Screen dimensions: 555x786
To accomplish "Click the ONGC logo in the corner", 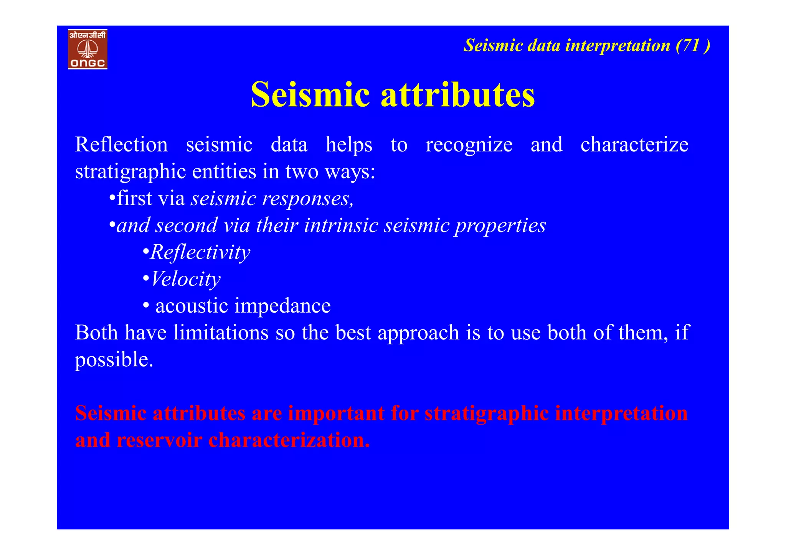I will coord(88,49).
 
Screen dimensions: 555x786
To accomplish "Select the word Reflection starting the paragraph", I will coord(121,145).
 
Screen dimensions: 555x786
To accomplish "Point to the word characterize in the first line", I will coord(634,145).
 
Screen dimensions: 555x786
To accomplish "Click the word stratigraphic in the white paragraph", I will coord(130,172).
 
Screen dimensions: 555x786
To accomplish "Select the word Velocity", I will coord(186,279).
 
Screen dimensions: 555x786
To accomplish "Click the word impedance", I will coord(282,306).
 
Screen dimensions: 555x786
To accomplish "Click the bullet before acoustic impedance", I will coord(146,306).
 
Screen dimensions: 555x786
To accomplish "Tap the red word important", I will coord(336,413).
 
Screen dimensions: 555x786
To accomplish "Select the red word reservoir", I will coord(159,440).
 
